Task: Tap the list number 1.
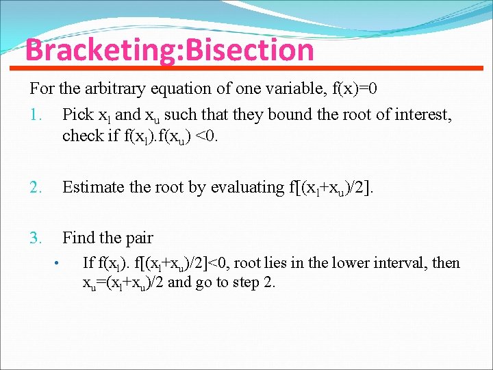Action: tap(36, 114)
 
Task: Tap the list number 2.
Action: tap(36, 187)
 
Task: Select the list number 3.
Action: tap(36, 238)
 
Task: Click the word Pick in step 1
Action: tap(77, 114)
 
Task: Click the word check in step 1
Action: tap(81, 135)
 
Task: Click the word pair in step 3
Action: tap(139, 238)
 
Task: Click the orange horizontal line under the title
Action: tap(246, 67)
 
